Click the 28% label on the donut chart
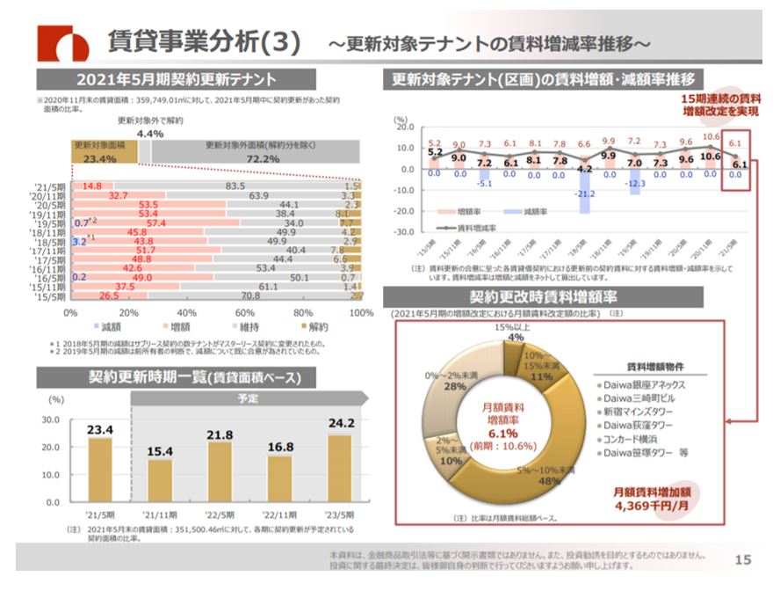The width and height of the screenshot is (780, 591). pos(454,386)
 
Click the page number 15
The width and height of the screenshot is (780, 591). pos(742,559)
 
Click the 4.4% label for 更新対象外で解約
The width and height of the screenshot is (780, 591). pos(150,133)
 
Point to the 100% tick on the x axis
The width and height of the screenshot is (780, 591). pos(360,311)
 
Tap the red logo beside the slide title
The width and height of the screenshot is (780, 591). pos(62,41)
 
